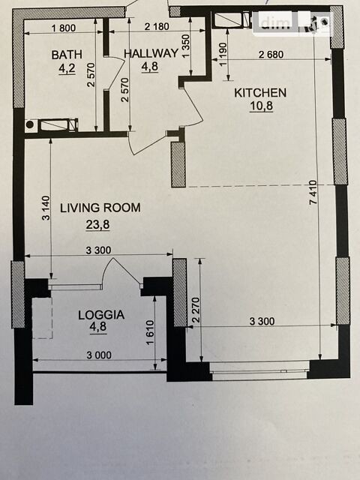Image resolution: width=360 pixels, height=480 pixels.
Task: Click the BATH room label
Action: click(67, 55)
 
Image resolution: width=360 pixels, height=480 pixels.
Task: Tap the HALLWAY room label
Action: click(151, 53)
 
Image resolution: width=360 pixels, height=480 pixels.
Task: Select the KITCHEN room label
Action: click(260, 93)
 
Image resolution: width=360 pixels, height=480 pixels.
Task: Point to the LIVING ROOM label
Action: click(100, 208)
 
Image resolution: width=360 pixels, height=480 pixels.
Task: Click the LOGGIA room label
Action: click(101, 315)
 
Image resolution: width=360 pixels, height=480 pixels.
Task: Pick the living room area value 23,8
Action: click(97, 225)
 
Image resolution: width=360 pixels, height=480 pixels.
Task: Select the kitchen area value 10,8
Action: click(261, 106)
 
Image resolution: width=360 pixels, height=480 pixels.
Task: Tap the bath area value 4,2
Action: click(67, 68)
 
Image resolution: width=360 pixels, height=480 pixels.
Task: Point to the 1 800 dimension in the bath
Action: click(64, 28)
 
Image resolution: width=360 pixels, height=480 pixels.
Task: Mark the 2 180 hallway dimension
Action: click(157, 27)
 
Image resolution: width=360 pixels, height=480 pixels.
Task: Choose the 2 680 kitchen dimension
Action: click(271, 55)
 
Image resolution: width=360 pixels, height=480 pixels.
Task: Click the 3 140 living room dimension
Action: click(45, 208)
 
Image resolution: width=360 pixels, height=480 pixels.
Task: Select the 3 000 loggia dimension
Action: click(99, 355)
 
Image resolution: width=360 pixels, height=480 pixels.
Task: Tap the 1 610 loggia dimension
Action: click(150, 333)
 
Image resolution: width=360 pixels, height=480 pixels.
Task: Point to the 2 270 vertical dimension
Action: click(196, 310)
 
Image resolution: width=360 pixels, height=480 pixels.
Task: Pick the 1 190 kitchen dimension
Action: click(223, 54)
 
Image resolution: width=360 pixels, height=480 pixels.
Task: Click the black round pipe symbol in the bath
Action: click(30, 124)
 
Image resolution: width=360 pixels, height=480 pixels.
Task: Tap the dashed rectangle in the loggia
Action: click(42, 318)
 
